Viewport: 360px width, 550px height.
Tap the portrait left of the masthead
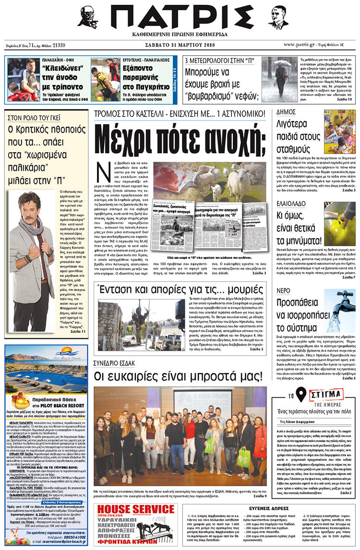coord(87,17)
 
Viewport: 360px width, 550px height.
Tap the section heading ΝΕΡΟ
coord(283,290)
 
